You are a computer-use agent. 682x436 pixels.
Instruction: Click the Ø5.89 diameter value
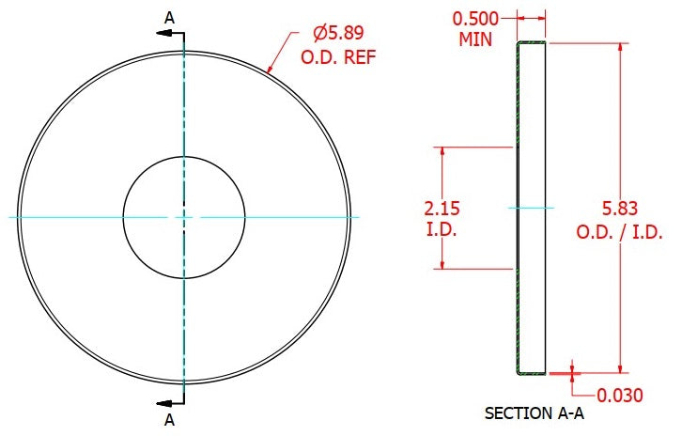tap(338, 33)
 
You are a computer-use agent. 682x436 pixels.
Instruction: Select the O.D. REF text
tap(338, 57)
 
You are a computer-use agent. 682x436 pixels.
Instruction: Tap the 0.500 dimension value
tap(475, 19)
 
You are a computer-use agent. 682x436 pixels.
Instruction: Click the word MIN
tap(475, 39)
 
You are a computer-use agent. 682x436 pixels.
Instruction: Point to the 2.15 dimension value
tap(442, 209)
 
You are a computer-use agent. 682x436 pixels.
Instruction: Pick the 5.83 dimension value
tap(620, 209)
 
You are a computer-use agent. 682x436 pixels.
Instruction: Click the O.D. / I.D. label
tap(619, 232)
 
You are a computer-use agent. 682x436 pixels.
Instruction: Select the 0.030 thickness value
tap(620, 396)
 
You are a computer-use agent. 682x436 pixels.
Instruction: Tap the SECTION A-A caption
tap(535, 413)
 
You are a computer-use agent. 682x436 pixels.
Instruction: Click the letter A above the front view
tap(169, 18)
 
